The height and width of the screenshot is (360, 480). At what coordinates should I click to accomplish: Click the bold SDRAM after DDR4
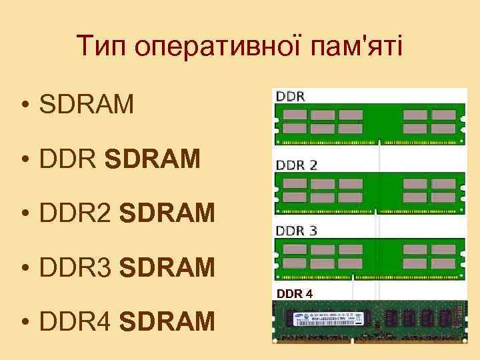pos(168,322)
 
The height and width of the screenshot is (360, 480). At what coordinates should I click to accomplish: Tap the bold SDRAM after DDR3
pos(168,267)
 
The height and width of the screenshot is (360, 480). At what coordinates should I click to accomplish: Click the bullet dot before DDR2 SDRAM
pos(25,214)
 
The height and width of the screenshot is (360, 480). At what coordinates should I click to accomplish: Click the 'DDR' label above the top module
pos(291,96)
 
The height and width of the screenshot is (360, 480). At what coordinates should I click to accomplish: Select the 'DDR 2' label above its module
pos(297,165)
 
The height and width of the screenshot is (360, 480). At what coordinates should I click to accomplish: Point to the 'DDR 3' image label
pos(297,231)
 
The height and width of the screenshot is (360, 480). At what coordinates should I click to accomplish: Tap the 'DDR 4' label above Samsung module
pos(294,293)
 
